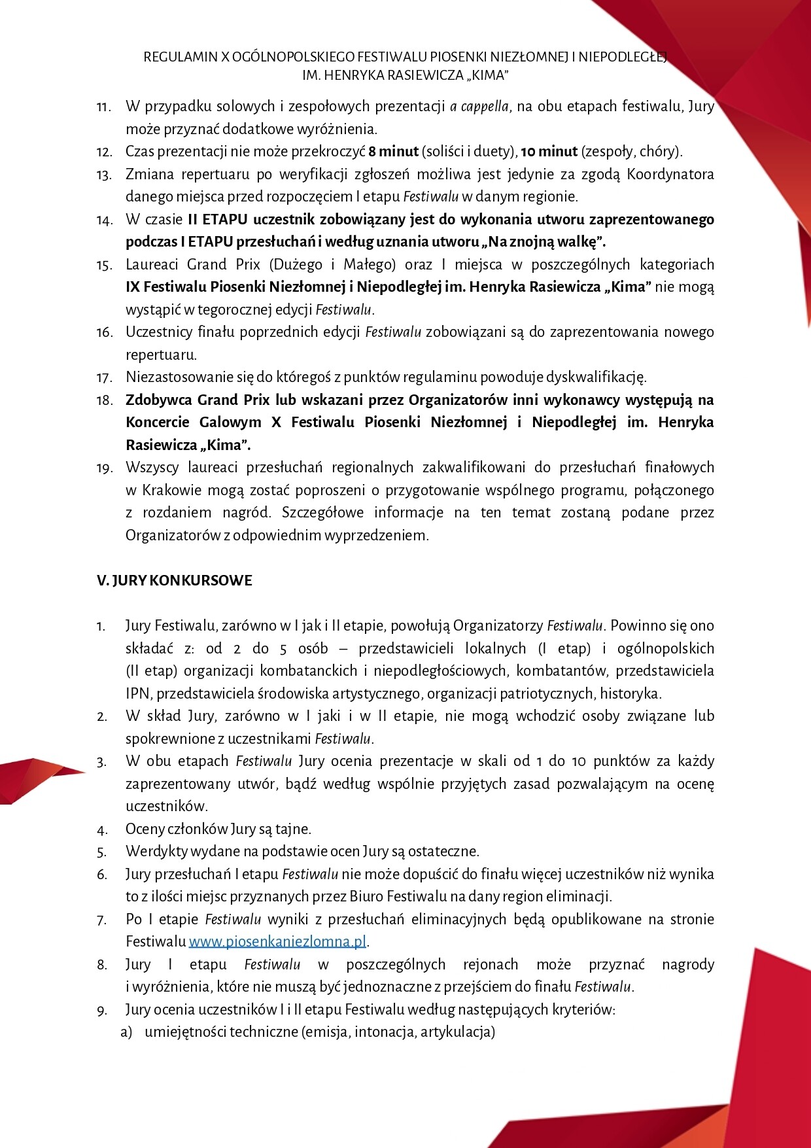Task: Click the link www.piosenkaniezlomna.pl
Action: point(277,942)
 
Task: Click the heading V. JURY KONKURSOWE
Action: point(175,581)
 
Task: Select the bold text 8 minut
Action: point(394,152)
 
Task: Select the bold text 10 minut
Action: point(549,152)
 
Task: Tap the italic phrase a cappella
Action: point(479,107)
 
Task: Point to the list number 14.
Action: point(105,220)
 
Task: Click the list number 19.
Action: point(105,468)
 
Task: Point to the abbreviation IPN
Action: point(137,693)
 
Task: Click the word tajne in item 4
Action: point(294,829)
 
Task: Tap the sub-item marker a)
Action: point(126,1032)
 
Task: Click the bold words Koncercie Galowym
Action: point(194,423)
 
